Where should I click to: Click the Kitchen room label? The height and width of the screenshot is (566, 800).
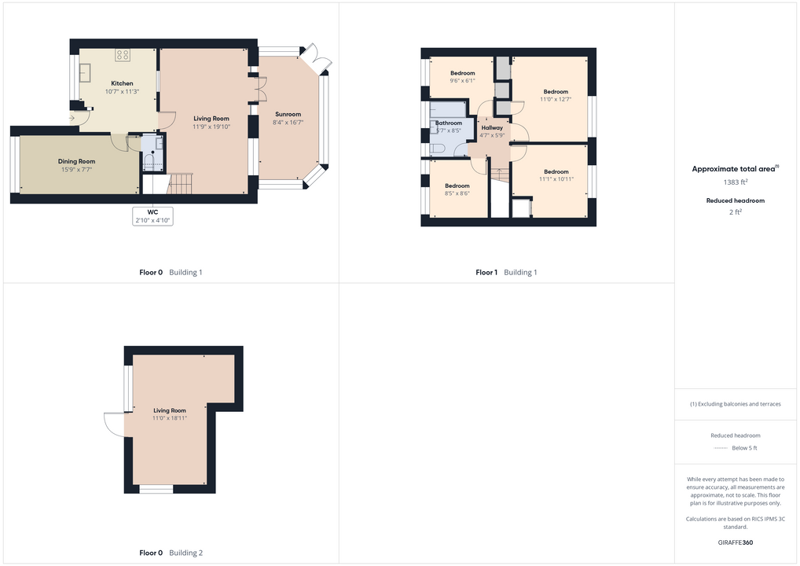click(x=122, y=83)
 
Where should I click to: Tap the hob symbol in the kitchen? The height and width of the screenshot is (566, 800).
click(x=122, y=55)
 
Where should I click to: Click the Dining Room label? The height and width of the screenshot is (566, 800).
click(x=76, y=161)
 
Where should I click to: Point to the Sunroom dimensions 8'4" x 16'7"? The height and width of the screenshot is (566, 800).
click(x=288, y=123)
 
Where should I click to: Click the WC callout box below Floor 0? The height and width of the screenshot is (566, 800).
click(x=152, y=216)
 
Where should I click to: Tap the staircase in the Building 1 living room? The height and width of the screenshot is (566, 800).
click(x=180, y=184)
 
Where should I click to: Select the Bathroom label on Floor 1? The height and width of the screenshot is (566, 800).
click(x=449, y=123)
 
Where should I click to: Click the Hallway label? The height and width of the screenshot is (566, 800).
click(x=492, y=127)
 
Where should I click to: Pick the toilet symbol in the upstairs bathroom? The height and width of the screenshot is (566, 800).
click(x=438, y=149)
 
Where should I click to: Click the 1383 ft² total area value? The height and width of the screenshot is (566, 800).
click(x=736, y=182)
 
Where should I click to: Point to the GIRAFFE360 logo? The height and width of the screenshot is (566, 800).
click(x=736, y=542)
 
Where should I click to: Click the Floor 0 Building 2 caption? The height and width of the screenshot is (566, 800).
click(x=171, y=553)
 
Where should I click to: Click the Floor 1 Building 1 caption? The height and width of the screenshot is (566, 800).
click(x=506, y=273)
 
